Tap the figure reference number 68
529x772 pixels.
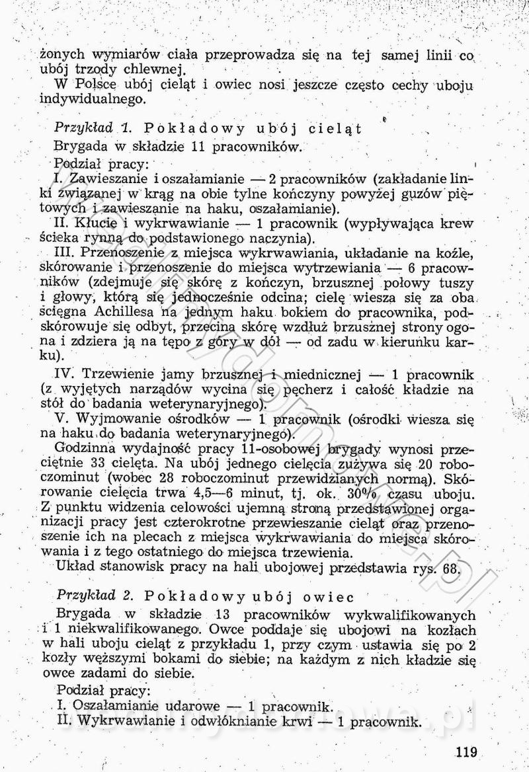pos(451,568)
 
